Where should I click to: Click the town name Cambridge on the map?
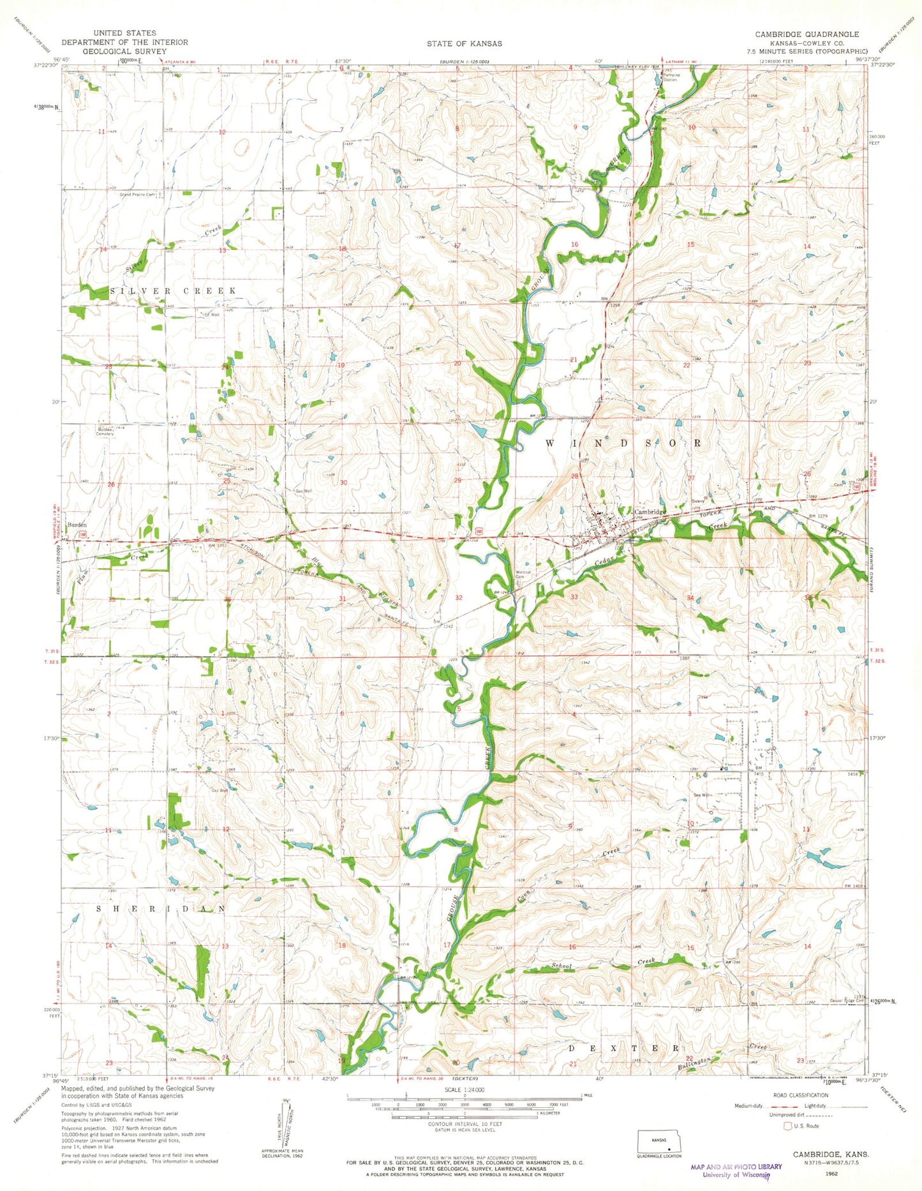tap(650, 512)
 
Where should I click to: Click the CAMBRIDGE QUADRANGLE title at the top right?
tap(807, 34)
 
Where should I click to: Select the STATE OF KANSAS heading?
tap(465, 43)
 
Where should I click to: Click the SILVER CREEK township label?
tap(174, 290)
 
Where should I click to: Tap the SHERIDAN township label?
tap(161, 908)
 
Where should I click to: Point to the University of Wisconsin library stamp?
tap(736, 1169)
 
